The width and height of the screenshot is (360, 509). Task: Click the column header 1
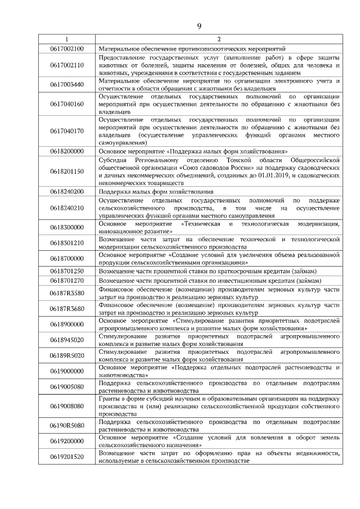[66, 39]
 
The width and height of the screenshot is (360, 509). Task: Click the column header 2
[218, 39]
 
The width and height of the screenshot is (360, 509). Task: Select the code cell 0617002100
[66, 49]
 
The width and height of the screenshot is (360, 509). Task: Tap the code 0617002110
[66, 65]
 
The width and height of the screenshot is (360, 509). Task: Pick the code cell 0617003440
[66, 84]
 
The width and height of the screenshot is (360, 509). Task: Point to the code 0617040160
[66, 104]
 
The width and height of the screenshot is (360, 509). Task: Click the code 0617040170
[66, 131]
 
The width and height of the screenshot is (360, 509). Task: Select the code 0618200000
[66, 151]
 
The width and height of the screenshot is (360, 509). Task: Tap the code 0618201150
[66, 171]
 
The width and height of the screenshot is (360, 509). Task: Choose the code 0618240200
[66, 191]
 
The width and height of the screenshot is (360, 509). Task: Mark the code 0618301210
[66, 243]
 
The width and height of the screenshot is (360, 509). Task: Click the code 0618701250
[66, 271]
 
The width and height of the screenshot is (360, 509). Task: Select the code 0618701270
[66, 280]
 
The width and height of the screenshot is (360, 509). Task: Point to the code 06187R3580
[66, 293]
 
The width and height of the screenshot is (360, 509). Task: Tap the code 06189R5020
[66, 355]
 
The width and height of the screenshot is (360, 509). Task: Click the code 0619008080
[66, 406]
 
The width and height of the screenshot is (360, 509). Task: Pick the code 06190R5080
[66, 425]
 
